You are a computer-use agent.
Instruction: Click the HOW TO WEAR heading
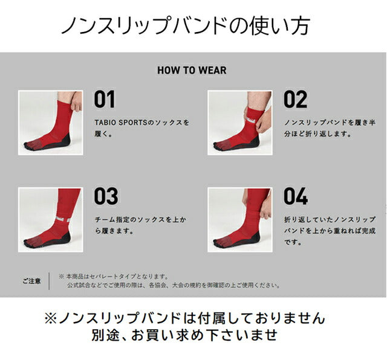click(x=192, y=70)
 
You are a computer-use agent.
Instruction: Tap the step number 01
click(x=104, y=100)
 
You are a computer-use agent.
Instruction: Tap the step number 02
click(x=295, y=100)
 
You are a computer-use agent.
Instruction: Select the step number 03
click(x=106, y=196)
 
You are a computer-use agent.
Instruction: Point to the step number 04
click(x=296, y=196)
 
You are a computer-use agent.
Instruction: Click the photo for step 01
click(x=50, y=123)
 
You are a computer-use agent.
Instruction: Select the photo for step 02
click(x=240, y=123)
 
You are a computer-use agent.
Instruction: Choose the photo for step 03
click(x=50, y=219)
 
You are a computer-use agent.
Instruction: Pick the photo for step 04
click(x=240, y=219)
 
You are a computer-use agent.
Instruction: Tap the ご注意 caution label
click(x=31, y=281)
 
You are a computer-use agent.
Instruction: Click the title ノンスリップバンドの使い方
click(x=187, y=25)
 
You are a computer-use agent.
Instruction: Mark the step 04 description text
click(x=330, y=231)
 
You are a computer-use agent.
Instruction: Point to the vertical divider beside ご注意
click(x=50, y=281)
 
